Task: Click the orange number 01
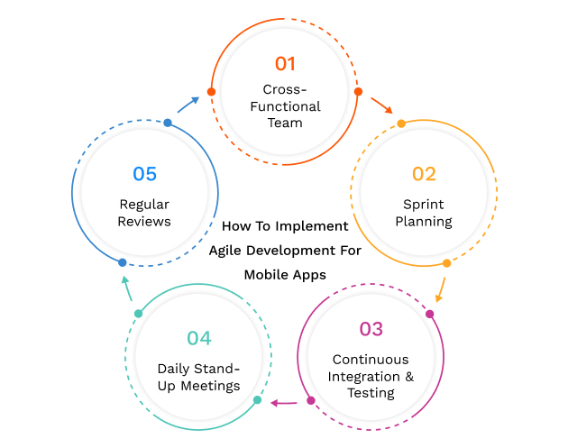[x=285, y=64]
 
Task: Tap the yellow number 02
[x=424, y=174]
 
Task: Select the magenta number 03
[x=371, y=329]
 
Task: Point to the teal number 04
[x=199, y=338]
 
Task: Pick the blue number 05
[x=144, y=174]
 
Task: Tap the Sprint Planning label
[x=424, y=212]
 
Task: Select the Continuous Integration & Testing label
[x=371, y=376]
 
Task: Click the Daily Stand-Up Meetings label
[x=199, y=377]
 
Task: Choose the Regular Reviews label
[x=144, y=212]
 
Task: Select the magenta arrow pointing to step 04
[x=285, y=403]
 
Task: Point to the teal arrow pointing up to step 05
[x=128, y=289]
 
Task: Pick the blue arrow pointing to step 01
[x=188, y=104]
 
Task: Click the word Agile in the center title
[x=226, y=251]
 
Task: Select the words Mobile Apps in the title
[x=285, y=274]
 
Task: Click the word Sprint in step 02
[x=424, y=204]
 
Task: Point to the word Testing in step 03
[x=371, y=393]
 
